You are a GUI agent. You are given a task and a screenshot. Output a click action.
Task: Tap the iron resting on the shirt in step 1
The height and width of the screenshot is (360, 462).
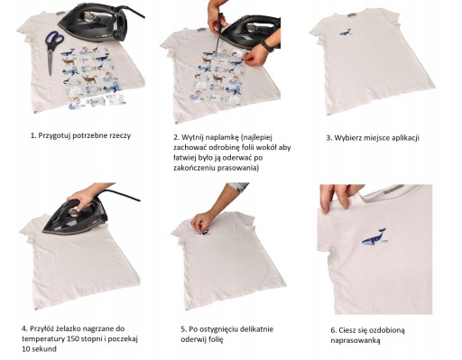pos(97,23)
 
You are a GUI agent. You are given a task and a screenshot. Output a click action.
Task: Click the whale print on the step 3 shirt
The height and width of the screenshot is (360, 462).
pos(345,32)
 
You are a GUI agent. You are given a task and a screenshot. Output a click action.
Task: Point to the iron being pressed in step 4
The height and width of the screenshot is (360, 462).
pos(76,216)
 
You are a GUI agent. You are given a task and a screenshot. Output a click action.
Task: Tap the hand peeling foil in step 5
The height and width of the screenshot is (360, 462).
pos(203,222)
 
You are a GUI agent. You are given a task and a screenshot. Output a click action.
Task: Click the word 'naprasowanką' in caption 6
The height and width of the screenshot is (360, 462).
pos(356,341)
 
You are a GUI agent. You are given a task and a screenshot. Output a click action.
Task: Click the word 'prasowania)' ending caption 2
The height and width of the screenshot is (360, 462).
pos(237,168)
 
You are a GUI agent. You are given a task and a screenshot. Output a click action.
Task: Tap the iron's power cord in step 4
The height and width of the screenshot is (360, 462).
pos(120,195)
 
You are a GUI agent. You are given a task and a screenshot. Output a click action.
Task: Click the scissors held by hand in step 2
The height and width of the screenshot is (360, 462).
pos(219,33)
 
